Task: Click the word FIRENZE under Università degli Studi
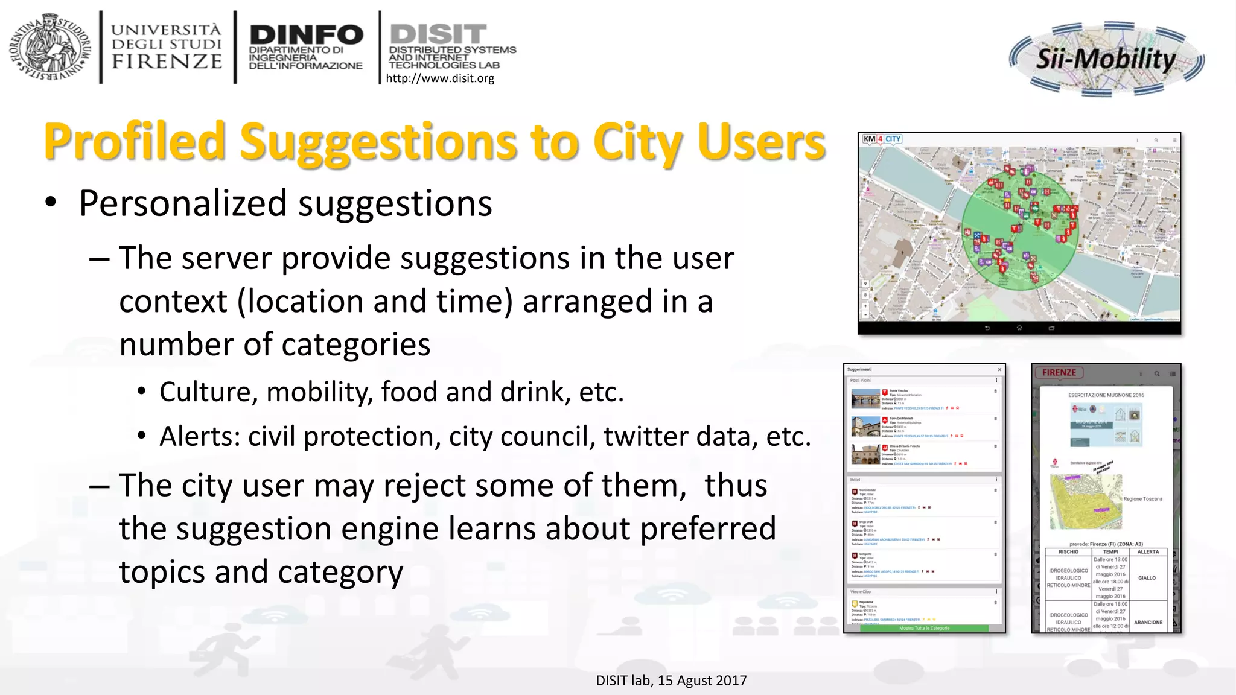tap(167, 61)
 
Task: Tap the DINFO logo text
tap(306, 34)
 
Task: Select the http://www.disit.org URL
tap(439, 78)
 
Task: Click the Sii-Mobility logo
tap(1106, 59)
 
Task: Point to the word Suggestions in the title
tap(378, 142)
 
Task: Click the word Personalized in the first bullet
tap(183, 203)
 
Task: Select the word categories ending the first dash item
tap(355, 344)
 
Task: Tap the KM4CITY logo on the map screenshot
tap(881, 139)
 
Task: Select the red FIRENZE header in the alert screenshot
tap(1059, 372)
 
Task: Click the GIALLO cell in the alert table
tap(1147, 577)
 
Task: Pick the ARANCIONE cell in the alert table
tap(1148, 622)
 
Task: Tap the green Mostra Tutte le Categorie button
tap(924, 628)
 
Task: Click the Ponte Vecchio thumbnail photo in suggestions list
tap(865, 399)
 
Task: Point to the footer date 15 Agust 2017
tap(702, 681)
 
